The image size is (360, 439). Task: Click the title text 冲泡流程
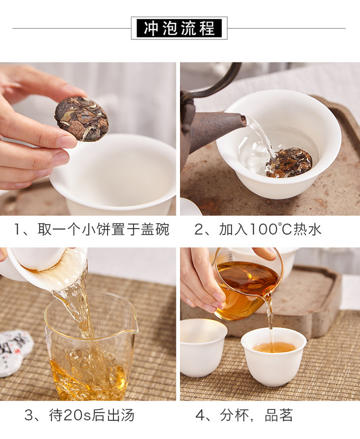[179, 28]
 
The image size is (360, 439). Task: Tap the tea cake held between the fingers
[81, 118]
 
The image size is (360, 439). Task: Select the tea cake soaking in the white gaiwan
[289, 163]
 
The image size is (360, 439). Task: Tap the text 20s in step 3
[77, 415]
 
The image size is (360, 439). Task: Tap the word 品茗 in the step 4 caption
[279, 415]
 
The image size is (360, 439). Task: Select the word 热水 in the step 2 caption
[307, 229]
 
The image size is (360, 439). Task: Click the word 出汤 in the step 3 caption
[120, 415]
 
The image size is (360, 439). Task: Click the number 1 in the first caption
[17, 230]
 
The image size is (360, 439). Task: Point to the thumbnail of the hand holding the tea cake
[88, 139]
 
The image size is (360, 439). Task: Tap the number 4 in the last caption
[200, 415]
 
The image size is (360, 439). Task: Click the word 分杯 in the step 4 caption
[234, 415]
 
